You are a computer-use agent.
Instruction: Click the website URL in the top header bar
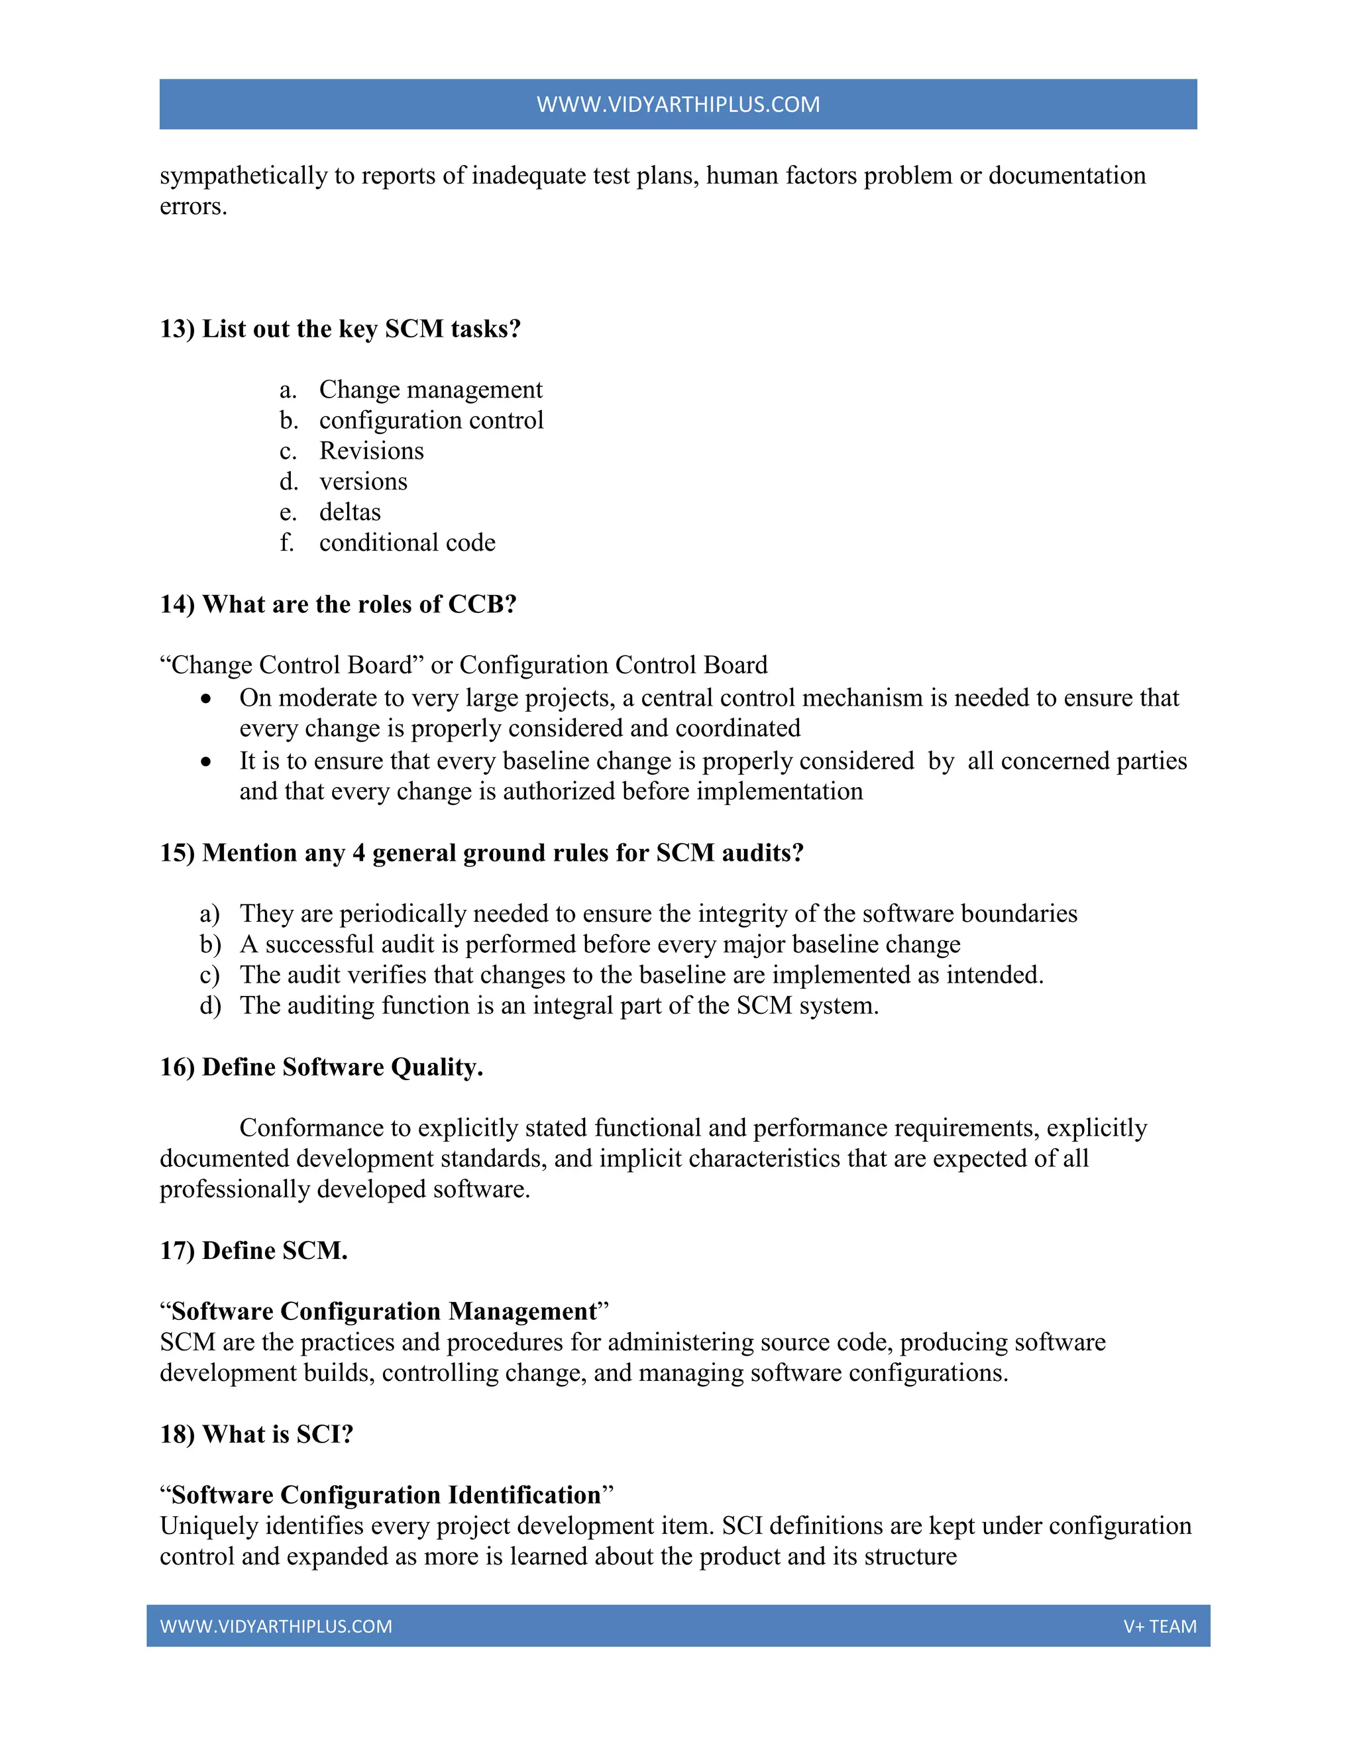[678, 105]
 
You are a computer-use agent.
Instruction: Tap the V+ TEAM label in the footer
[1160, 1625]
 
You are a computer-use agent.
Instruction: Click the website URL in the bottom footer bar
[276, 1625]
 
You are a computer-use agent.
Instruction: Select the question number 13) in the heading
[177, 329]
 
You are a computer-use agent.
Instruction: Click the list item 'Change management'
[430, 390]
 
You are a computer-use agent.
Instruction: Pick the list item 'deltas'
[350, 512]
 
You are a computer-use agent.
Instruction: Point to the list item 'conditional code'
[407, 543]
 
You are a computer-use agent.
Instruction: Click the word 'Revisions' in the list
[372, 451]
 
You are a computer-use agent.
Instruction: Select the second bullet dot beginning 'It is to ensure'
[207, 762]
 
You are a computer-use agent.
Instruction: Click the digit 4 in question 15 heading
[358, 852]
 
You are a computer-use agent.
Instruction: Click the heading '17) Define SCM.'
[253, 1250]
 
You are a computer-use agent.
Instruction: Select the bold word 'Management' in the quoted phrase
[523, 1311]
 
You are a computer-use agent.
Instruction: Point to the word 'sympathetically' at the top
[243, 176]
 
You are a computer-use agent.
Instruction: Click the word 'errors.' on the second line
[193, 207]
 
